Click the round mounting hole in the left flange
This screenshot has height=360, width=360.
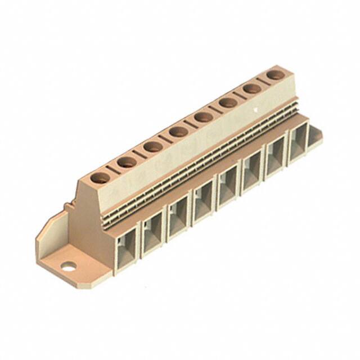[x=69, y=267]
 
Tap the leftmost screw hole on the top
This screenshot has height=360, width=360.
[x=101, y=178]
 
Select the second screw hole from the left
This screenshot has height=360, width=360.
[x=127, y=163]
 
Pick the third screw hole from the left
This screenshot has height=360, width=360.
[x=153, y=147]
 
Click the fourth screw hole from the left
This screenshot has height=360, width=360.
[x=178, y=132]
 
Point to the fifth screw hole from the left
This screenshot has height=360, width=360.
[x=204, y=117]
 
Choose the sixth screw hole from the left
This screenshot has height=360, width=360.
[x=228, y=102]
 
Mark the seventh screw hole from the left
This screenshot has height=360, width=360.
[x=252, y=88]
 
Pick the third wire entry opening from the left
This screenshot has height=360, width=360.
[x=178, y=219]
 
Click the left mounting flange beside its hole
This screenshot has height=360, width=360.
[x=53, y=247]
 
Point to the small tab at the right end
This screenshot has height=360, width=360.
[x=317, y=134]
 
